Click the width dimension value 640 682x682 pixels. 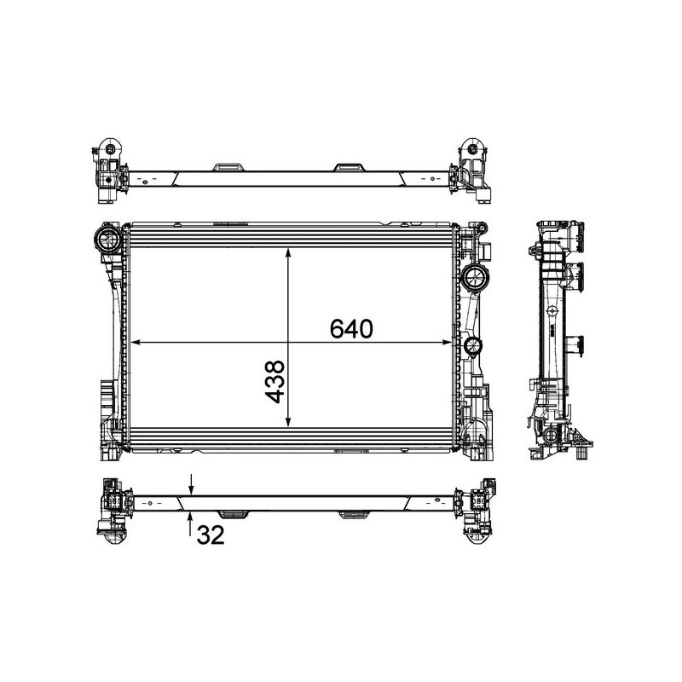pos(351,330)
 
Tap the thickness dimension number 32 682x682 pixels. pos(211,535)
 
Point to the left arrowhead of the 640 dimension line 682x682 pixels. pos(132,343)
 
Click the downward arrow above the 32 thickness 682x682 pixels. pos(191,488)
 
